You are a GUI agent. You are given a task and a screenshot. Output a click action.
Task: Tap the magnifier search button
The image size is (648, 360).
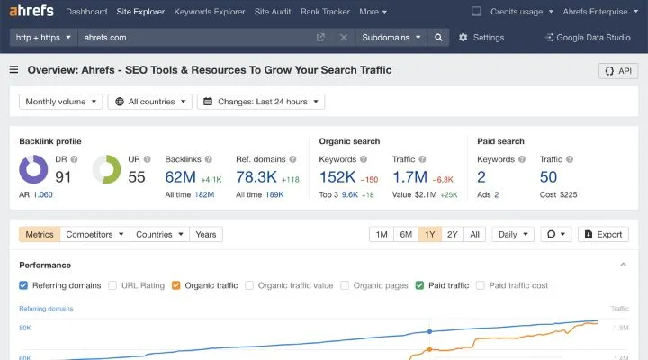(438, 38)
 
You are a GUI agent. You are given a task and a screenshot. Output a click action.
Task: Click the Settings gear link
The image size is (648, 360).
(481, 38)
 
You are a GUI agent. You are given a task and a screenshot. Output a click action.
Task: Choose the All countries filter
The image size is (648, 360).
(150, 102)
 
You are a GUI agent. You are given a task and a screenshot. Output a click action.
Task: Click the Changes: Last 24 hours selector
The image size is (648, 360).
(261, 102)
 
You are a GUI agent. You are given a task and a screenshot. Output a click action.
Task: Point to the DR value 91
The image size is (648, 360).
(63, 176)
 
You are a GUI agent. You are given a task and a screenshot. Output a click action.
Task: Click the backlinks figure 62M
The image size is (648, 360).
(181, 176)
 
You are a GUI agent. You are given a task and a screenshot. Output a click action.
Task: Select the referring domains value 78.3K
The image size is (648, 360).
(256, 176)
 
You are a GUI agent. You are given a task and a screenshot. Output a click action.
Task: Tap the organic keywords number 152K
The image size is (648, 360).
(337, 176)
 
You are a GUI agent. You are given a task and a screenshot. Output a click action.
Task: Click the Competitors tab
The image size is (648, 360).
(94, 234)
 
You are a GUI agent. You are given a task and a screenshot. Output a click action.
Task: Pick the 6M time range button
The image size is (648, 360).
(406, 234)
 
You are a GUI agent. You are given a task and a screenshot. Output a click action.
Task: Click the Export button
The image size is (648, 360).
(603, 234)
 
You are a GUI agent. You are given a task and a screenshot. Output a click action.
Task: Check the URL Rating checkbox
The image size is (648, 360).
(112, 285)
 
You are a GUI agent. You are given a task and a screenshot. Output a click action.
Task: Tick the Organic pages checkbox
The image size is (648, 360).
(345, 285)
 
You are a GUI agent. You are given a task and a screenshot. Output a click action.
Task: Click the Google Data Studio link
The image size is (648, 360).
(589, 38)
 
